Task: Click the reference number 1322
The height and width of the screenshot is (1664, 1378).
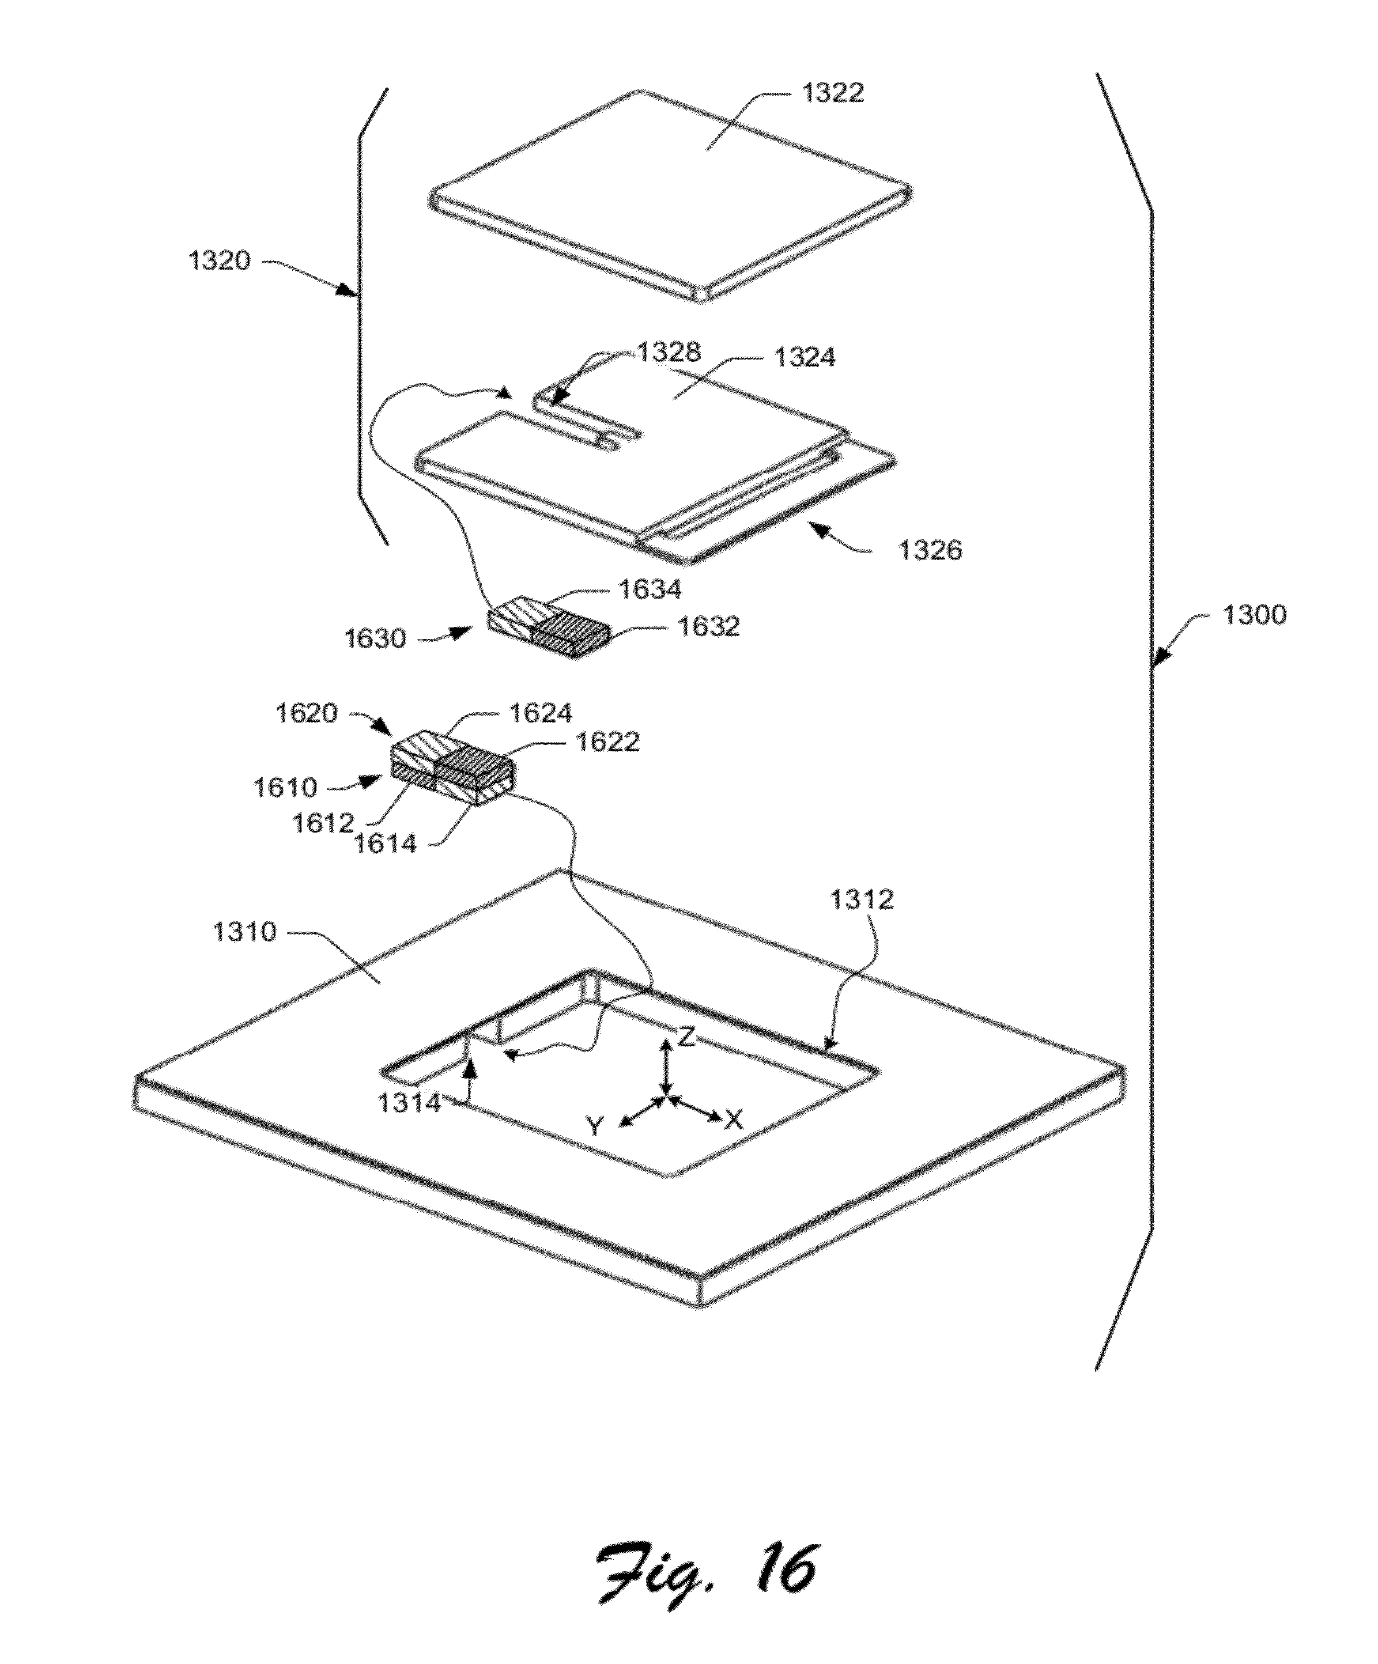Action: click(832, 93)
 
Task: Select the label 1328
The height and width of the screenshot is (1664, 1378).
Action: click(670, 352)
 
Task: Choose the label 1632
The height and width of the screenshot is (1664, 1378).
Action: click(708, 627)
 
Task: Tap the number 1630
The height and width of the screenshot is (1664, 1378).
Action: click(375, 638)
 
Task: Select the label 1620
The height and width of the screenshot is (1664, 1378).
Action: click(307, 713)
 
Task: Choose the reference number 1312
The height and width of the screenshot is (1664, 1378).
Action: click(862, 899)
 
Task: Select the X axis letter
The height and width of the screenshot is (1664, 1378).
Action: click(735, 1119)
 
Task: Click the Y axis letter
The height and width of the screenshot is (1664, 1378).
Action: click(595, 1125)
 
